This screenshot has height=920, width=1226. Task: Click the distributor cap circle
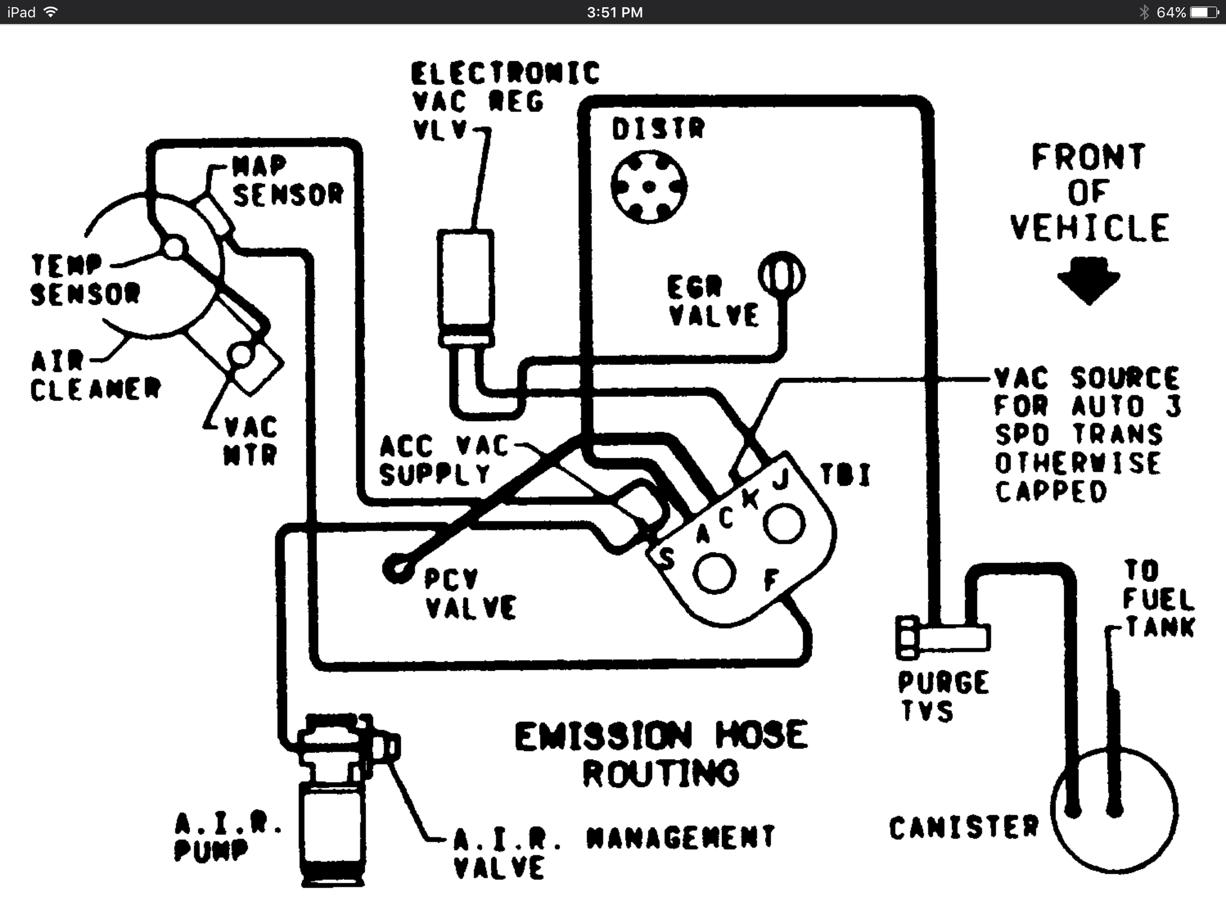(649, 186)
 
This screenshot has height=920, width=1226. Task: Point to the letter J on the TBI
(779, 479)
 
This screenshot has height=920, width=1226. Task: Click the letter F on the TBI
(772, 579)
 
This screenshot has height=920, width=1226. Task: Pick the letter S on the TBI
(666, 558)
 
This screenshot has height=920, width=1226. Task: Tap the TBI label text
(845, 475)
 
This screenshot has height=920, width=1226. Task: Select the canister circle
(1114, 812)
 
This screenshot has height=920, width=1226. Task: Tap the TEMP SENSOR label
(84, 279)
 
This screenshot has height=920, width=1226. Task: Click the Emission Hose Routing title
(661, 753)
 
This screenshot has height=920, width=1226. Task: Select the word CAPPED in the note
(1051, 492)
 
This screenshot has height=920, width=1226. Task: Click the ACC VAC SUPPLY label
(443, 460)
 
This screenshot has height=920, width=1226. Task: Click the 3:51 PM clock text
(614, 13)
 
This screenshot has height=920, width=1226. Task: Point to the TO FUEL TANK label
(1158, 599)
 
